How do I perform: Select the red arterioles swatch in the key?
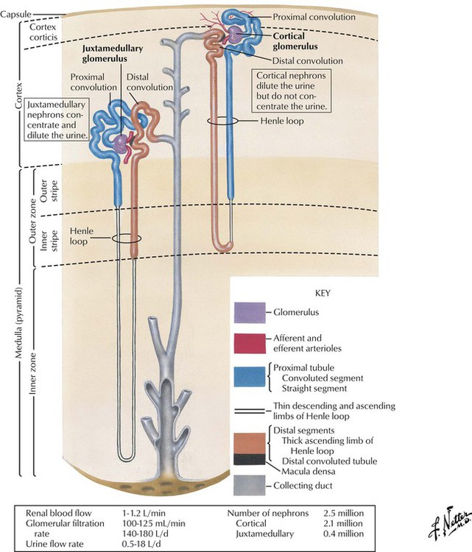pos(250,342)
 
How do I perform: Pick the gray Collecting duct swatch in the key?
pos(250,486)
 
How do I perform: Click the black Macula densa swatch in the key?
pos(250,460)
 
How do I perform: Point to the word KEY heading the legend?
pos(322,293)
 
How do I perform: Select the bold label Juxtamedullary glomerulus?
pos(112,54)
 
